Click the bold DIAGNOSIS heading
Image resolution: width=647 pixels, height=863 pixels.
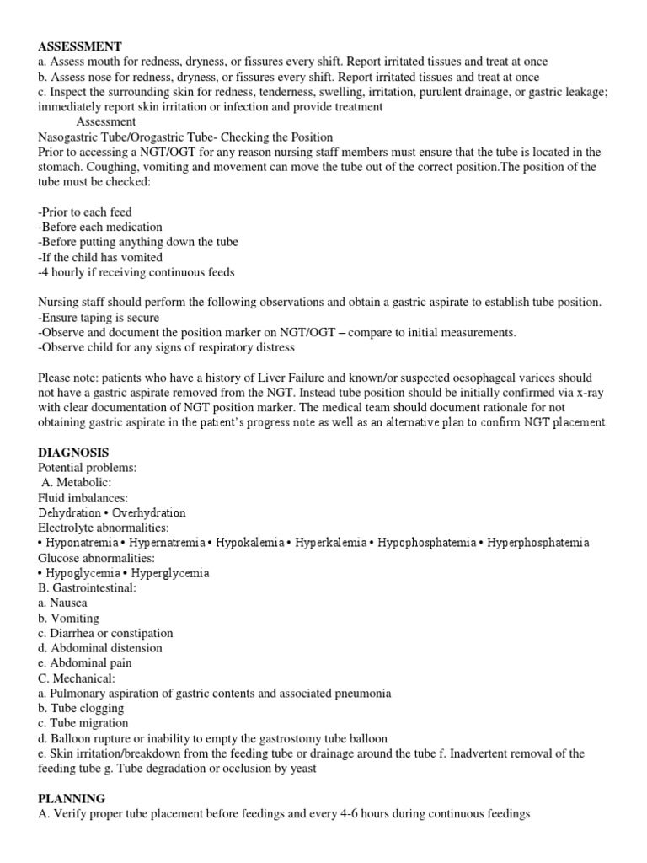pos(73,453)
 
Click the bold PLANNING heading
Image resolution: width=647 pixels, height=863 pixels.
pos(72,798)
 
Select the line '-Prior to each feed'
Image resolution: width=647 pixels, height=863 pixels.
pos(85,212)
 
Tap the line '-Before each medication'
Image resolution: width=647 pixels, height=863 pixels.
pos(100,227)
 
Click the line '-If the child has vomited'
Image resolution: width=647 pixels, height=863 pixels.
pos(100,257)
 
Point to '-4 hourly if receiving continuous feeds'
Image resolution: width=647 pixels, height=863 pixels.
pos(136,272)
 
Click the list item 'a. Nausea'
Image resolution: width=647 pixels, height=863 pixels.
pos(62,603)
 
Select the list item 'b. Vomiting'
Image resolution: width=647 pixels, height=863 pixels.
pos(68,618)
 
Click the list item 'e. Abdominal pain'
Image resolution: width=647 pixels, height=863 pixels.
pos(84,663)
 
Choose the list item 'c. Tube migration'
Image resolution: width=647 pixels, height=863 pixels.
pos(83,723)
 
